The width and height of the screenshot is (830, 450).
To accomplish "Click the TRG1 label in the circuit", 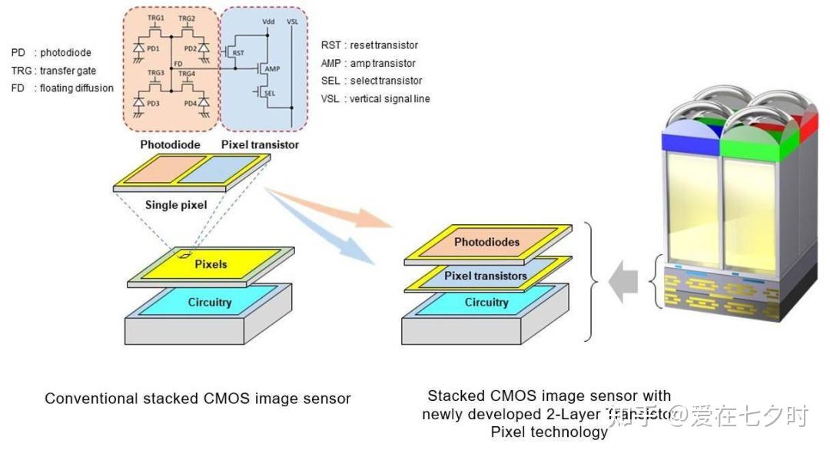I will point(157,17).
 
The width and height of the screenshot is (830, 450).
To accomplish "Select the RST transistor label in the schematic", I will point(239,53).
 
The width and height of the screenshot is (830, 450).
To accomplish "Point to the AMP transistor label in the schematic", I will point(271,69).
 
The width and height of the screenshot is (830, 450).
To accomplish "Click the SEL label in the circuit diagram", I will point(270,93).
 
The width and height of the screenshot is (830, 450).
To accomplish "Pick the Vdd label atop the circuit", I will point(267,21).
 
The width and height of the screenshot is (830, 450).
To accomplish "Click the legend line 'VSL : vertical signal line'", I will point(375,98).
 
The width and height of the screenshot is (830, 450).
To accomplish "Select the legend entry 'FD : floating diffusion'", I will point(62,88).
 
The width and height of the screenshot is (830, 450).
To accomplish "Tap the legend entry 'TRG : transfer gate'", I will point(54,71).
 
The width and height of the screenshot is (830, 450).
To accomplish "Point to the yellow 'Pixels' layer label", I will point(211,264).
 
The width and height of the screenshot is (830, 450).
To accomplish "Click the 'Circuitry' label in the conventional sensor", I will point(210,302).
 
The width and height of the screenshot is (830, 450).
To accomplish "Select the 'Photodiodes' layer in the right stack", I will point(486,242).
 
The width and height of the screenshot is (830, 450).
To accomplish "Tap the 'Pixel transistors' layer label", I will point(486,276).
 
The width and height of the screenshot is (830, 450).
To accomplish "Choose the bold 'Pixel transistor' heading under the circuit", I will point(260,144).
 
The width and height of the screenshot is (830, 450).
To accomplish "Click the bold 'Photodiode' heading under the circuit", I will point(170,144).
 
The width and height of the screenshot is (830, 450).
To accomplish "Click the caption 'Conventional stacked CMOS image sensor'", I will point(198,399).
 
